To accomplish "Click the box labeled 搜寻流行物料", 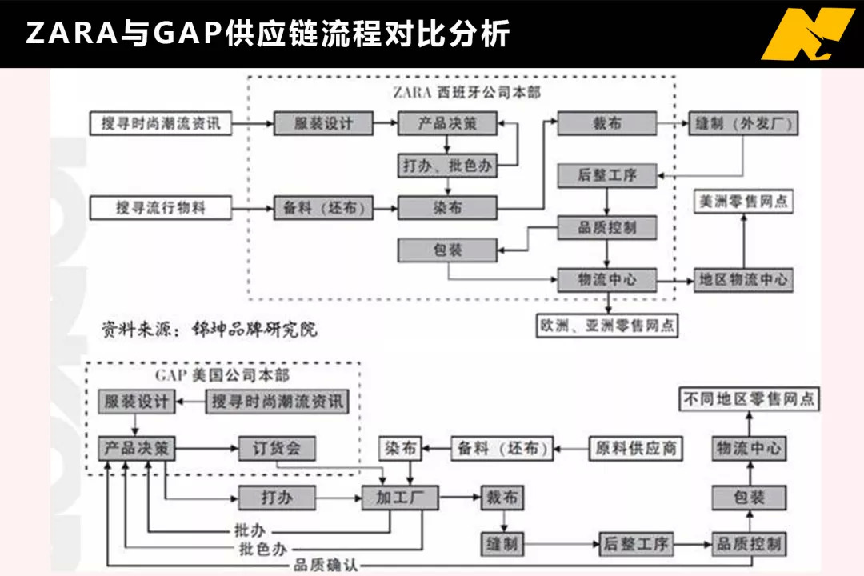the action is point(160,208).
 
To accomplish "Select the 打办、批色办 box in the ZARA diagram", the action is point(447,166).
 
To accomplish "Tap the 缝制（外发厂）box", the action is point(742,123).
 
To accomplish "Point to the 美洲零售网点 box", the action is point(743,201).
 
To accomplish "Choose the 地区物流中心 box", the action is point(743,280).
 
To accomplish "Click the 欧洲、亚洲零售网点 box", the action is point(607,326).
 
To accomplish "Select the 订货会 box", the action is point(277,449).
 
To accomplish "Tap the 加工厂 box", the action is point(400,498).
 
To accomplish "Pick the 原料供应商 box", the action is point(635,449).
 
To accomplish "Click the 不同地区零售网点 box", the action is point(749,399).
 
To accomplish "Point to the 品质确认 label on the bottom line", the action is point(326,565).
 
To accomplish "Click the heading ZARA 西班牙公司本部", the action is point(466,92).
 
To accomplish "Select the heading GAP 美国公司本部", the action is point(222,376).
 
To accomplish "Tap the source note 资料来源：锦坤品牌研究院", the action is point(210,329).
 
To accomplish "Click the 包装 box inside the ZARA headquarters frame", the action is point(447,250).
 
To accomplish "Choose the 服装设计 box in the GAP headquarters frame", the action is point(137,402).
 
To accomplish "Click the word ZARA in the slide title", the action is point(72,33).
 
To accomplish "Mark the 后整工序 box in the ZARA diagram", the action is point(607,176).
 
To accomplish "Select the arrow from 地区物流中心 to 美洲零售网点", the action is point(743,241).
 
